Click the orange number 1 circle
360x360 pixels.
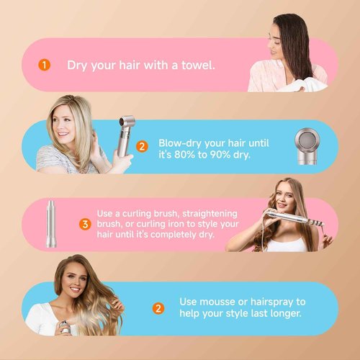click(45, 66)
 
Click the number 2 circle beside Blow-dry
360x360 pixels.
click(142, 146)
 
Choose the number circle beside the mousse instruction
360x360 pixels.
click(158, 308)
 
